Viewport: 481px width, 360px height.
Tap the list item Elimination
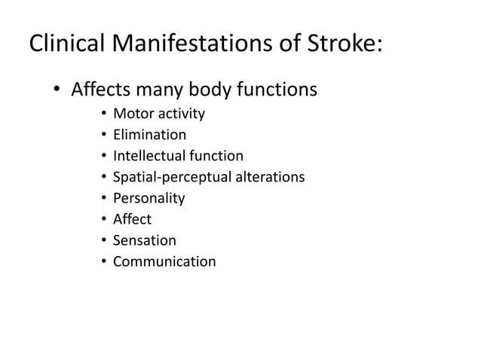149,136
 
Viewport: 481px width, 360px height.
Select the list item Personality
149,199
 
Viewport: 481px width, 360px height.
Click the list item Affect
132,220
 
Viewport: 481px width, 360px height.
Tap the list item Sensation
144,241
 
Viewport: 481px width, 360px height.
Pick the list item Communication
164,262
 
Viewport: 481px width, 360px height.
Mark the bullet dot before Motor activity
102,115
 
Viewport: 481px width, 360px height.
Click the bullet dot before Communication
102,263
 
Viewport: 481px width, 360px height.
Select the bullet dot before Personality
102,200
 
